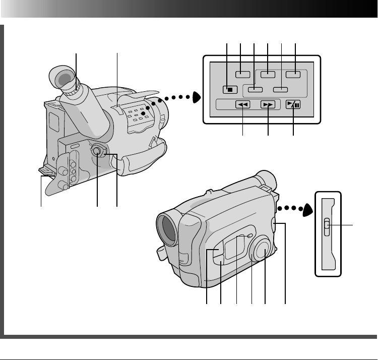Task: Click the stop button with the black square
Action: (x=227, y=90)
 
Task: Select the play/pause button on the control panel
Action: (x=292, y=105)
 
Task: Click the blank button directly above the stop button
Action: (x=242, y=74)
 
